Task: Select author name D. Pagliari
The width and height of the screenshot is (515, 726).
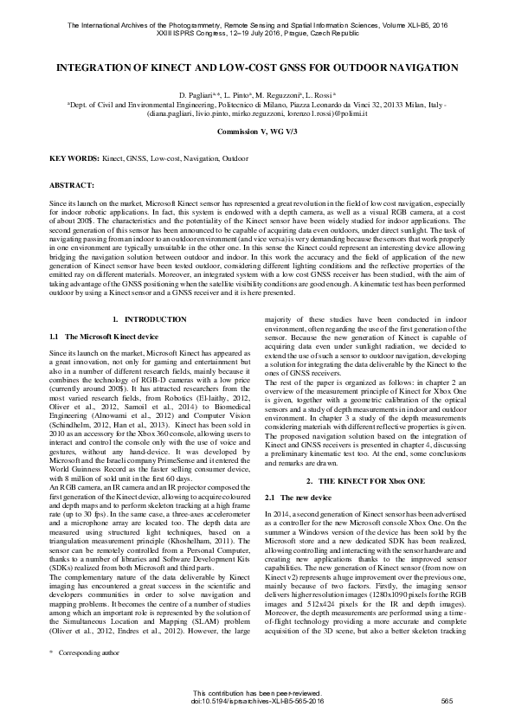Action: (196, 93)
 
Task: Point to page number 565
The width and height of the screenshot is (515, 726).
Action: (447, 700)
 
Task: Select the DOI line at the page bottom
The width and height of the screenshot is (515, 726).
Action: (257, 700)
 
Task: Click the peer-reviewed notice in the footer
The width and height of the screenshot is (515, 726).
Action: (257, 692)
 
